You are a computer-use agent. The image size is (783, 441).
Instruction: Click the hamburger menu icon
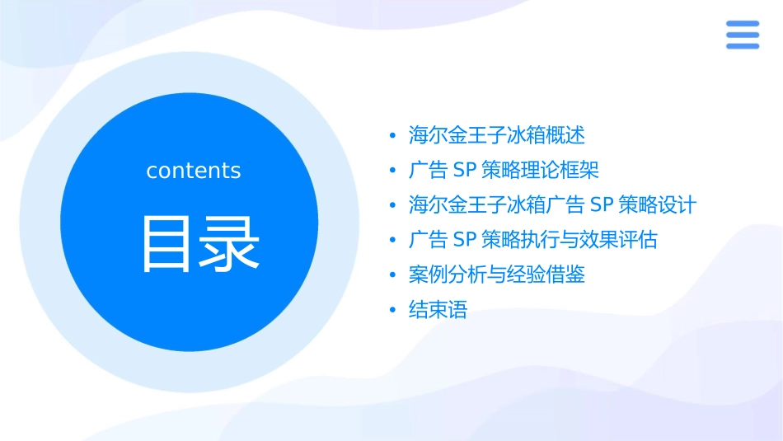coord(742,35)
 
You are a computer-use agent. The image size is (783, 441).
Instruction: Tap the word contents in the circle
coord(194,171)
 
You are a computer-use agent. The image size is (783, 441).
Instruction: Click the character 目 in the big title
coord(166,244)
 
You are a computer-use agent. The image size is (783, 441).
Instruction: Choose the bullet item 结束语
coord(438,311)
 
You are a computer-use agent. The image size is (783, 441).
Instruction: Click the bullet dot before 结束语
coord(393,311)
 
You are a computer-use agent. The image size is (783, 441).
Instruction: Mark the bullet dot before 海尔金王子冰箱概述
coord(393,135)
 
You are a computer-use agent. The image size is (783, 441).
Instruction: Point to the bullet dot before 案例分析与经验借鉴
coord(393,275)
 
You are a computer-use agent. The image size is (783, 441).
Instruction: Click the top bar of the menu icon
coord(742,24)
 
